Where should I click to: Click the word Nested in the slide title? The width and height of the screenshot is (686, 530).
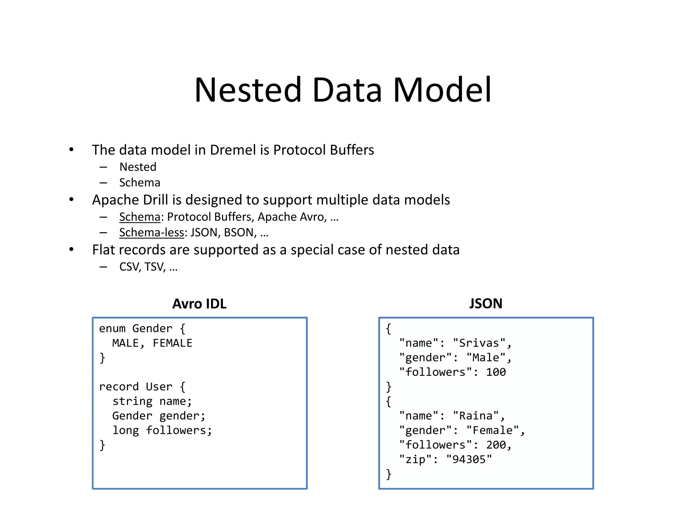(x=248, y=90)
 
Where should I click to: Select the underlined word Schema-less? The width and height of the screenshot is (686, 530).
(x=152, y=233)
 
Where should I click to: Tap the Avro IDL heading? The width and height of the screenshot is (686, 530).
(x=199, y=304)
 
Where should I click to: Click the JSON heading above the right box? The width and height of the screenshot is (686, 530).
(x=485, y=304)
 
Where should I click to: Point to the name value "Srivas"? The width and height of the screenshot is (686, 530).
(x=479, y=343)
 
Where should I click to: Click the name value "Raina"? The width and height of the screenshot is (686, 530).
(x=476, y=416)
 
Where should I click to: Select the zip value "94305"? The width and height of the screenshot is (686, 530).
(x=469, y=459)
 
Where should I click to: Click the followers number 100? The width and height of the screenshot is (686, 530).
(x=496, y=372)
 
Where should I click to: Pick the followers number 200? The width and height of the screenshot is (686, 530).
(x=496, y=445)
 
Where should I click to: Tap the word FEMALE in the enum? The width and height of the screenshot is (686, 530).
(x=173, y=343)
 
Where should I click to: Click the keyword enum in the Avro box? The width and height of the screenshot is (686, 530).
(x=112, y=329)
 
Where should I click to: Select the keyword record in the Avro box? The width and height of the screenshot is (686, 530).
(x=119, y=387)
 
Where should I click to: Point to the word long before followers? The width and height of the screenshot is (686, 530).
(x=126, y=430)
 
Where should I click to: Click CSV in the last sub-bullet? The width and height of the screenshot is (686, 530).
(x=129, y=267)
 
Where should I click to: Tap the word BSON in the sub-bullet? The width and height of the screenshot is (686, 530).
(x=238, y=233)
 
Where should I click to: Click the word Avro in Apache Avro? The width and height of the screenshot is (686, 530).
(x=312, y=217)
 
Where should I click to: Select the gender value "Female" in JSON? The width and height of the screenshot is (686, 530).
(x=492, y=430)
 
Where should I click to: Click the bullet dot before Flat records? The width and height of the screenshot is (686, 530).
(x=71, y=250)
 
